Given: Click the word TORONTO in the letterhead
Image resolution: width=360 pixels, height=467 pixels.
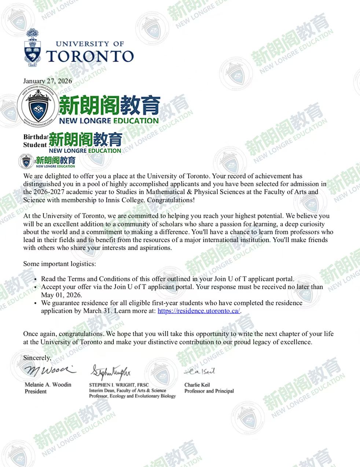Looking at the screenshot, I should [x=90, y=56].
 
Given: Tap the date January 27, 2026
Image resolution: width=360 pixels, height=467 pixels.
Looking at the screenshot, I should [x=48, y=81].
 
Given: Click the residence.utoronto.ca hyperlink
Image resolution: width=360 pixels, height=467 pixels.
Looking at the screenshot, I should [x=199, y=311].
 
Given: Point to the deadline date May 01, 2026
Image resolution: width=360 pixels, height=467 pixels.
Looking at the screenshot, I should [x=62, y=295].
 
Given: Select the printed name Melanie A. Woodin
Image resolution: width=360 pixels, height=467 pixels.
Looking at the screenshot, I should [x=48, y=385].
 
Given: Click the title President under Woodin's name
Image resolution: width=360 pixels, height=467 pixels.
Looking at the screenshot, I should [x=36, y=391].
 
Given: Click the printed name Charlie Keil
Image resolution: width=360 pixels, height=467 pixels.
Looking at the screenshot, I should [x=197, y=385].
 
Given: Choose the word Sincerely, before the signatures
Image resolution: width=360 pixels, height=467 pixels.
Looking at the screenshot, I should [x=37, y=358].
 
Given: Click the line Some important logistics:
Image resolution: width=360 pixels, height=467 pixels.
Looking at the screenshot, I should [x=59, y=264].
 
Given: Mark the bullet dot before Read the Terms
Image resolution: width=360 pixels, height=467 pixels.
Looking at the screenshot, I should [x=35, y=280].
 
